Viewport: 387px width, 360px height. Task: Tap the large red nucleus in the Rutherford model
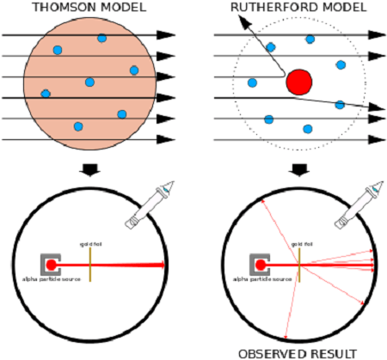pos(298,82)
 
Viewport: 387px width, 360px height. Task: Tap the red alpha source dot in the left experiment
pos(52,265)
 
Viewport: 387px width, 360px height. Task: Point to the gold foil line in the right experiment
pos(299,265)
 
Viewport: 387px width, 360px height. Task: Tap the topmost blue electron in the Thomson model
pos(101,38)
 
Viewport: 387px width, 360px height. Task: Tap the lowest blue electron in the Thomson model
pos(78,127)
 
